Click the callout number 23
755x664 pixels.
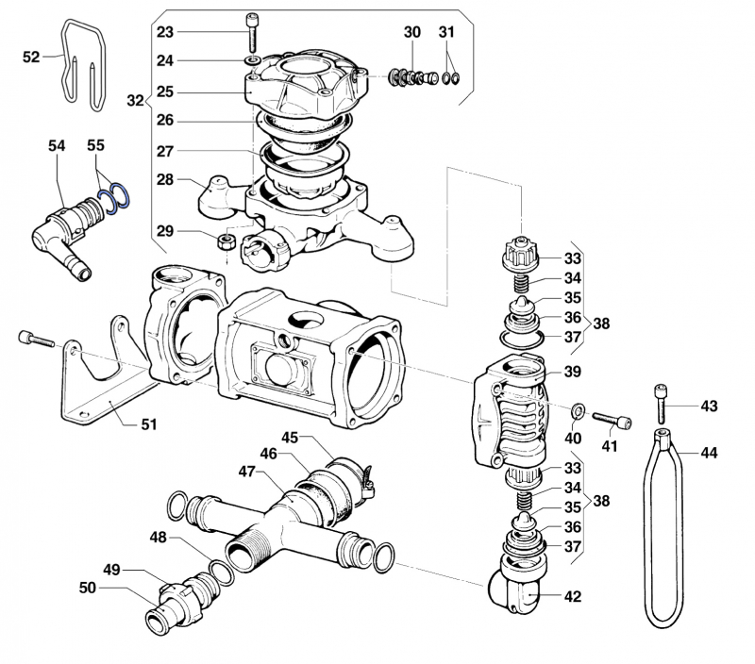click(x=165, y=32)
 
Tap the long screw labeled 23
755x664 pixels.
click(x=252, y=34)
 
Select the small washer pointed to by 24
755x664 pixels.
click(x=252, y=62)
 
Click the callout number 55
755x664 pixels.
click(x=95, y=146)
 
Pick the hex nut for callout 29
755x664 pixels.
click(x=226, y=241)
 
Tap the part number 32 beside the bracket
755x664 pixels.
click(x=135, y=100)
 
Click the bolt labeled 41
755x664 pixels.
click(x=612, y=420)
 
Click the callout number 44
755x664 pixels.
click(x=709, y=453)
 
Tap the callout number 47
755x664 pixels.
click(x=246, y=470)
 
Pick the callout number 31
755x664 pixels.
click(x=446, y=32)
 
